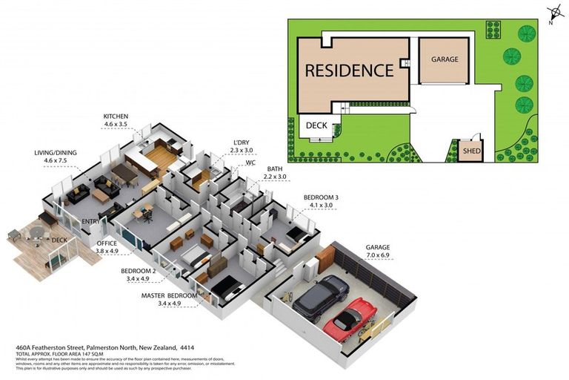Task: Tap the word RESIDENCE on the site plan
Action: coord(349,71)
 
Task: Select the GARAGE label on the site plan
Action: coord(445,59)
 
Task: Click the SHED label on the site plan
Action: coord(470,151)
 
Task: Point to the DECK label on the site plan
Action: coord(316,126)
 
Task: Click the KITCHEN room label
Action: coord(116,117)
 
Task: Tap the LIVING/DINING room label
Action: coord(56,153)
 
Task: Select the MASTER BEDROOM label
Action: coord(170,295)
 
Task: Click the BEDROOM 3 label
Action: coord(321,197)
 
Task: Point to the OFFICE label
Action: coord(107,243)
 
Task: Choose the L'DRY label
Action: coord(242,142)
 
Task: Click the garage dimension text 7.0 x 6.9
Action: coord(377,255)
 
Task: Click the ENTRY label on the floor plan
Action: coord(91,221)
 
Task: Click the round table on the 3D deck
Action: coord(36,232)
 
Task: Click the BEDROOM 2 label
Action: coord(138,271)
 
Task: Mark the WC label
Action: coord(250,162)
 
